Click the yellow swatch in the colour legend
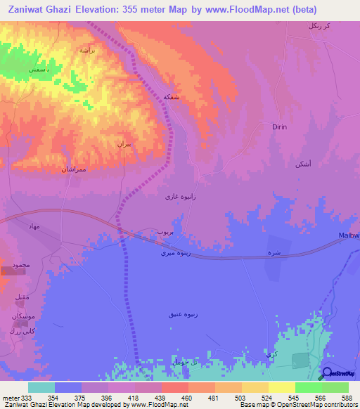tap(282, 387)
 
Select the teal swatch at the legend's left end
tap(41, 387)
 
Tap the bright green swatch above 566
tap(309, 387)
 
